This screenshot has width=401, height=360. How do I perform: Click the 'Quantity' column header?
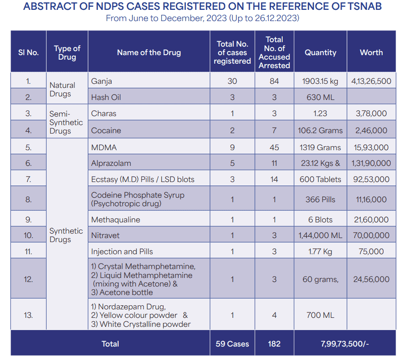tap(320, 53)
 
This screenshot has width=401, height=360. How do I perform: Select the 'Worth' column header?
tap(371, 52)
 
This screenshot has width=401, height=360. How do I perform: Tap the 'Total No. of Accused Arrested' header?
tap(274, 52)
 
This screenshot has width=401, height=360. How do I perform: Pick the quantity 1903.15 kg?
tap(320, 81)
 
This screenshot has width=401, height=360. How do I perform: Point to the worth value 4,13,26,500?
tap(371, 81)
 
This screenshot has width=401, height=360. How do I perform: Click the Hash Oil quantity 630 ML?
tap(320, 97)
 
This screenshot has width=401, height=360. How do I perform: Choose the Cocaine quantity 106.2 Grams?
tap(320, 130)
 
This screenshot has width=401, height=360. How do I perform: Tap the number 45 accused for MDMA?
tap(274, 147)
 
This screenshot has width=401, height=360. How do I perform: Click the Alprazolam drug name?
tap(111, 163)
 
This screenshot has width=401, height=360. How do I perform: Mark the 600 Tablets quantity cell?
tap(320, 179)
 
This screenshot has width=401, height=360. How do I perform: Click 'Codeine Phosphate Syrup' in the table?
tap(138, 195)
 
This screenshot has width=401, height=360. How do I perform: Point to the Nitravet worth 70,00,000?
tap(371, 235)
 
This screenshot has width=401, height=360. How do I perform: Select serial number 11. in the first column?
tap(28, 252)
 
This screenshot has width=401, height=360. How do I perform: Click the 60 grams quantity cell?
tap(320, 279)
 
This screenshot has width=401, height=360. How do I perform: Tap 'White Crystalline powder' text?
tap(145, 324)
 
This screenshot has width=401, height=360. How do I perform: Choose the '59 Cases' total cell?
tap(232, 344)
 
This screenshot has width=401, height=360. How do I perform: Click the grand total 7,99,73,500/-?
tap(345, 344)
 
